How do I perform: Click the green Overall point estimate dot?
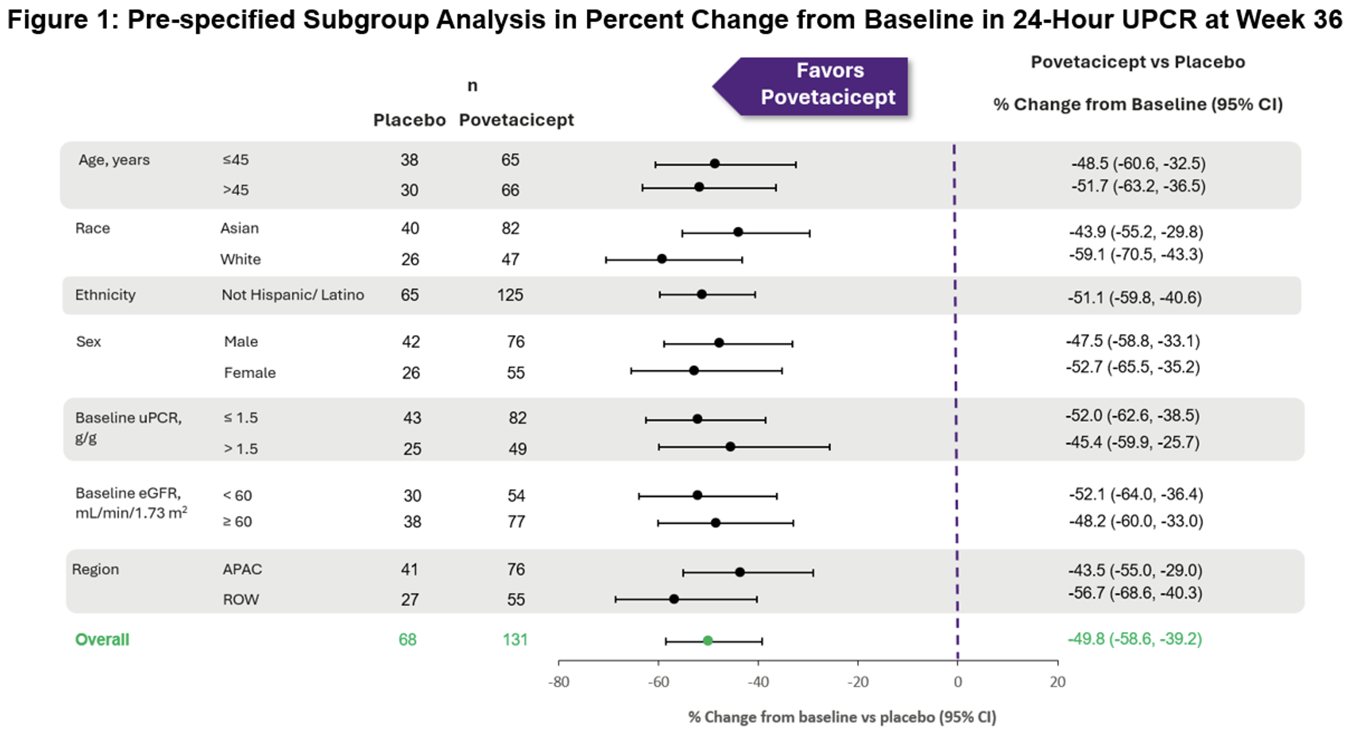click(x=707, y=641)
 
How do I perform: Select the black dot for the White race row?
click(x=662, y=259)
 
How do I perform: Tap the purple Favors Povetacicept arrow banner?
click(x=818, y=86)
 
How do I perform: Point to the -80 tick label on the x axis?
click(x=559, y=682)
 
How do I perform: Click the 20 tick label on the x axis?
click(x=1057, y=682)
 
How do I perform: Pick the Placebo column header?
click(x=409, y=120)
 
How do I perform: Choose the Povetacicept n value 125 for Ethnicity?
click(x=510, y=295)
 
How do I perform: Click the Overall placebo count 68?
click(x=408, y=639)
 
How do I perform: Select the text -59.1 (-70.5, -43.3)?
click(x=1136, y=255)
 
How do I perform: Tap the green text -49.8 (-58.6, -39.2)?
click(x=1134, y=639)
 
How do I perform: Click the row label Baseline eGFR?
click(x=128, y=493)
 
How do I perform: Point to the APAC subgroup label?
click(x=242, y=569)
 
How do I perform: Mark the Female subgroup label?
click(x=250, y=373)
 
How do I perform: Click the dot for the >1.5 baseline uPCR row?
click(x=730, y=447)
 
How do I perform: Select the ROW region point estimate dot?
click(x=674, y=599)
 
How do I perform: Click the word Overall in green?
click(x=102, y=639)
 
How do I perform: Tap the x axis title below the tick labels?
click(x=842, y=716)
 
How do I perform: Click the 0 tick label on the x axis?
click(x=958, y=682)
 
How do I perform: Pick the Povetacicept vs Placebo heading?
click(x=1137, y=62)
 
